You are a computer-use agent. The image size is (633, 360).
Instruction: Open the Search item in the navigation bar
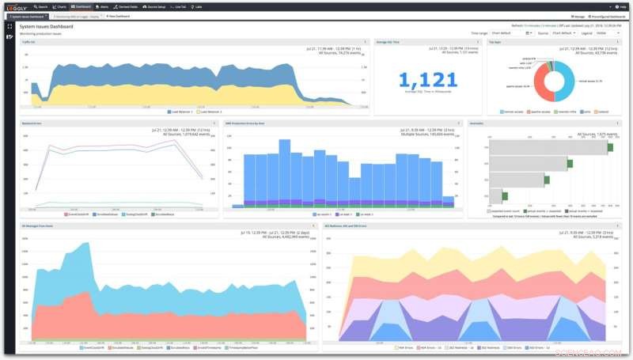click(40, 6)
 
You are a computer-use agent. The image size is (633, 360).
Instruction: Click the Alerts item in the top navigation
click(104, 6)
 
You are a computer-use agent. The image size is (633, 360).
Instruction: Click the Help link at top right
click(621, 6)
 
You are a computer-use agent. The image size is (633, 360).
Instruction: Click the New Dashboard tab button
click(118, 16)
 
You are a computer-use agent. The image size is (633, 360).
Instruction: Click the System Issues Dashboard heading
click(46, 26)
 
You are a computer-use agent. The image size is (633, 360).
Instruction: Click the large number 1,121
click(427, 80)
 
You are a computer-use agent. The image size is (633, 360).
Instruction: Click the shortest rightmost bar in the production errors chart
click(449, 200)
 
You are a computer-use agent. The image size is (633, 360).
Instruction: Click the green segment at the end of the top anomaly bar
click(610, 147)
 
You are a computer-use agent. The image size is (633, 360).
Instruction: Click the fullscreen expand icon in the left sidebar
click(9, 26)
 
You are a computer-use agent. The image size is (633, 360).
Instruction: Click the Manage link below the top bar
click(577, 16)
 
